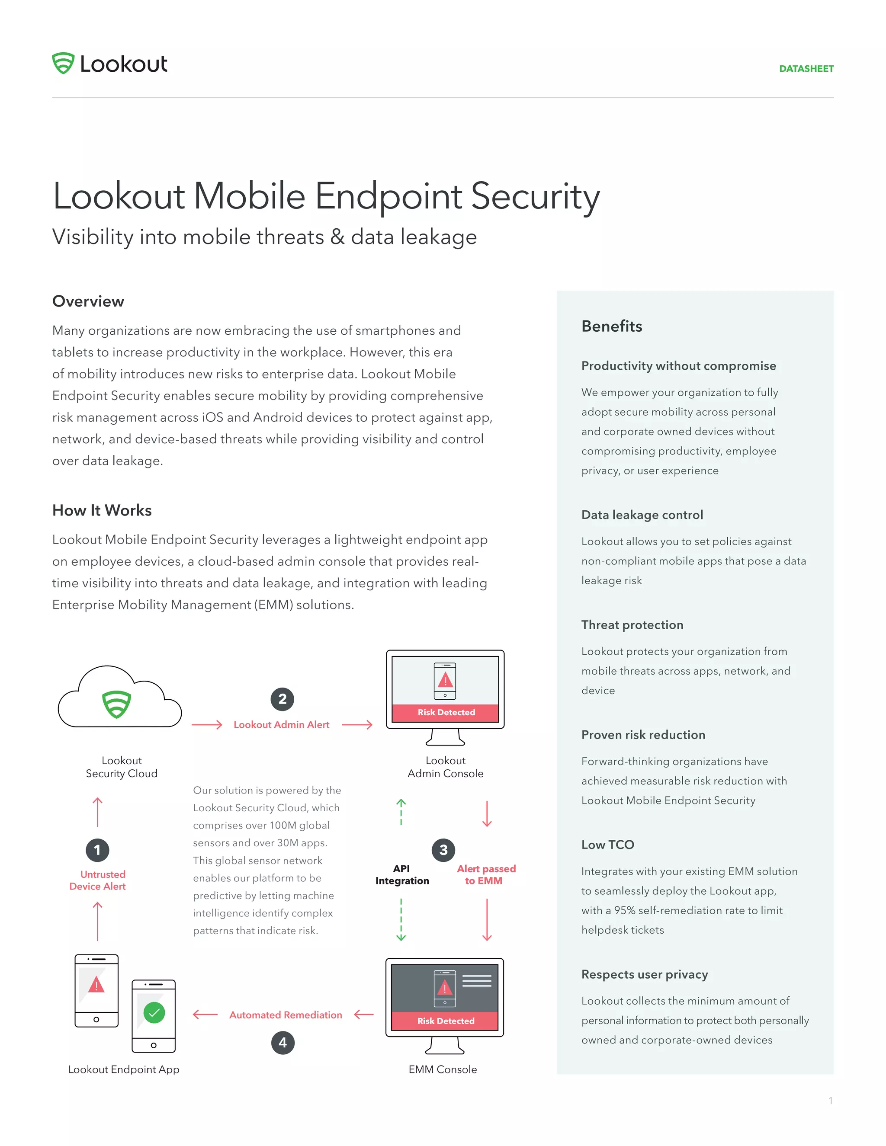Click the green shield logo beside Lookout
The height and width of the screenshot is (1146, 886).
[x=63, y=64]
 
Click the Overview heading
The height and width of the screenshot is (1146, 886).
[x=88, y=301]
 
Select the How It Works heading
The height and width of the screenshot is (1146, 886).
[x=102, y=510]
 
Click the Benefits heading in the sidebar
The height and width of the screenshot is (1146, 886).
[x=611, y=327]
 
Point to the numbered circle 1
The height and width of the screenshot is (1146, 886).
[x=97, y=849]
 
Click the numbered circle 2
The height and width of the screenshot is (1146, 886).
[x=282, y=699]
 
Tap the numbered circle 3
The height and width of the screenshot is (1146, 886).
[x=443, y=849]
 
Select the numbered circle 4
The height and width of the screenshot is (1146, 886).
[x=283, y=1043]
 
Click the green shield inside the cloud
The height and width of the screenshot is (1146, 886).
[x=116, y=704]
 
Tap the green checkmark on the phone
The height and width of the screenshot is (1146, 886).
[x=154, y=1013]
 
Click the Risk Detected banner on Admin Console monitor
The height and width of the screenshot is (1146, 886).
[x=446, y=712]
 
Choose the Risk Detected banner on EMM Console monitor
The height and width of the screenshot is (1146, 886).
[x=445, y=1021]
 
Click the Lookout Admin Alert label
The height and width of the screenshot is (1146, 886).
[x=281, y=725]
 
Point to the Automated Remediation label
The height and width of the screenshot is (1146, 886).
[x=286, y=1015]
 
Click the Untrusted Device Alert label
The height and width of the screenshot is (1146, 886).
[x=98, y=880]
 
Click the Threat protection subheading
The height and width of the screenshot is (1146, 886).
[x=632, y=625]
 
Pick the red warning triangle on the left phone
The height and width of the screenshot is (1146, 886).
[x=96, y=985]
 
